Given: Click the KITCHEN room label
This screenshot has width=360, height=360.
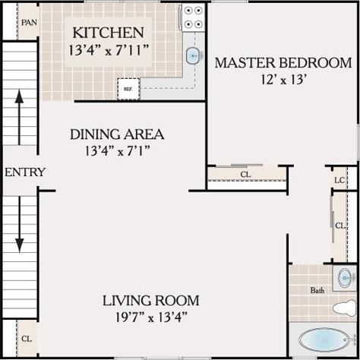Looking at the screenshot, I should click(x=107, y=33).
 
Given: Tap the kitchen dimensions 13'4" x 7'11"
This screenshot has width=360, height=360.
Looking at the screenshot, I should click(x=107, y=52).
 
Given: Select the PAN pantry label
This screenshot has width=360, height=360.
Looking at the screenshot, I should click(x=29, y=23).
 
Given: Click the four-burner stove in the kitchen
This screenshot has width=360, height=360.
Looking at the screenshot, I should click(x=193, y=17).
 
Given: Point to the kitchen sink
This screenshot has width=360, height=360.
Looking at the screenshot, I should click(x=194, y=55).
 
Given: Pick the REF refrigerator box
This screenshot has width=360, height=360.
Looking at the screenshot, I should click(x=128, y=89).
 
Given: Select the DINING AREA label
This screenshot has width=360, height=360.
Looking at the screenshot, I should click(x=117, y=134).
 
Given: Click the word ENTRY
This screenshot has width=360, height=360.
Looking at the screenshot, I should click(x=24, y=172).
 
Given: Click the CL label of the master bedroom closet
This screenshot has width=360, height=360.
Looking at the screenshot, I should click(x=245, y=175).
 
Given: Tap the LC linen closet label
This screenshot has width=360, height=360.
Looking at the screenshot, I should click(x=339, y=180).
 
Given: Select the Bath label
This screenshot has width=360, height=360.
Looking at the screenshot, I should click(x=317, y=290).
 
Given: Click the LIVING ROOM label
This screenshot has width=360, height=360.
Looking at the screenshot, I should click(x=150, y=299).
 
